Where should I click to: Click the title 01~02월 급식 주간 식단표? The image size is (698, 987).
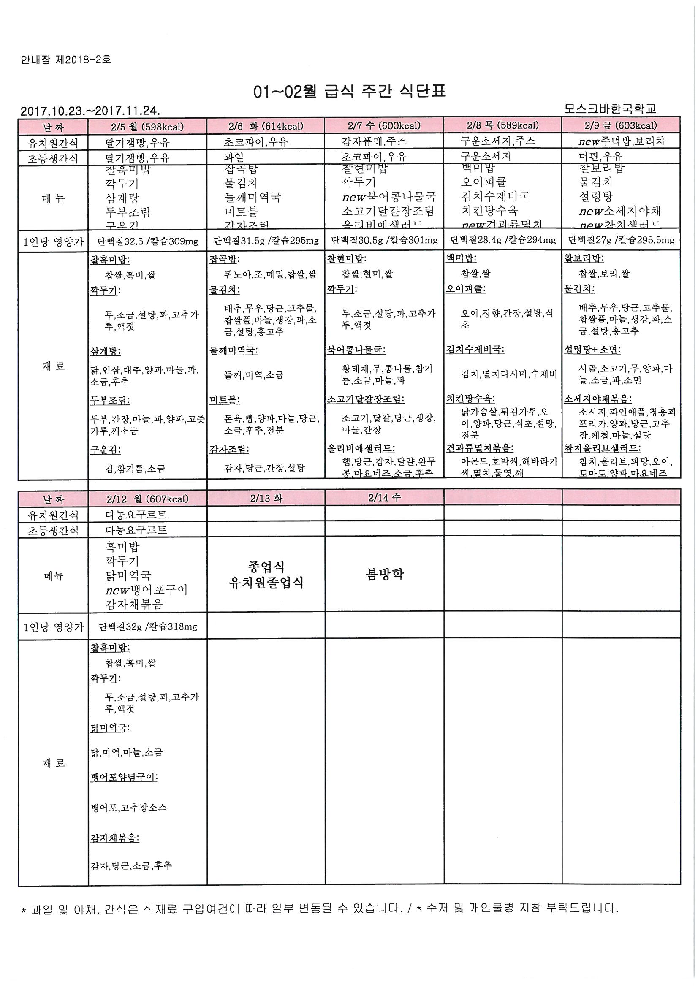349,92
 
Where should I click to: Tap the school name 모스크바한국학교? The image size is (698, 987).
610,109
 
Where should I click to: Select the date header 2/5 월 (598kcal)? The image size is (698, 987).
147,127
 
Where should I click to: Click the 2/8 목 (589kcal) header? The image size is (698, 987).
502,125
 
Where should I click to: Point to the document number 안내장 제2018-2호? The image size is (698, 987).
66,60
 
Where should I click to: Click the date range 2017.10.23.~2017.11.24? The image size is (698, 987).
90,111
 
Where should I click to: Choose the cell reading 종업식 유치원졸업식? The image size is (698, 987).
266,574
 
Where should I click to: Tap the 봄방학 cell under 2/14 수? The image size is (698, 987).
385,574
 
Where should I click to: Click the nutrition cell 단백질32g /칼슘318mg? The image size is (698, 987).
147,626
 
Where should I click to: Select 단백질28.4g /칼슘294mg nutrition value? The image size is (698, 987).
502,240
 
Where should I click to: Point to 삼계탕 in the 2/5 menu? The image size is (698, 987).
122,198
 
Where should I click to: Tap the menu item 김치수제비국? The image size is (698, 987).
495,196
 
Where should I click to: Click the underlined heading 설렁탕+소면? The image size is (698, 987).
592,350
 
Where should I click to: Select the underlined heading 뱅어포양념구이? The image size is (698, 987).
124,777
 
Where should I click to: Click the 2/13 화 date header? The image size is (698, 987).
266,498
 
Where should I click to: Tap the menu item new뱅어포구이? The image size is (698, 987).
146,590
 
